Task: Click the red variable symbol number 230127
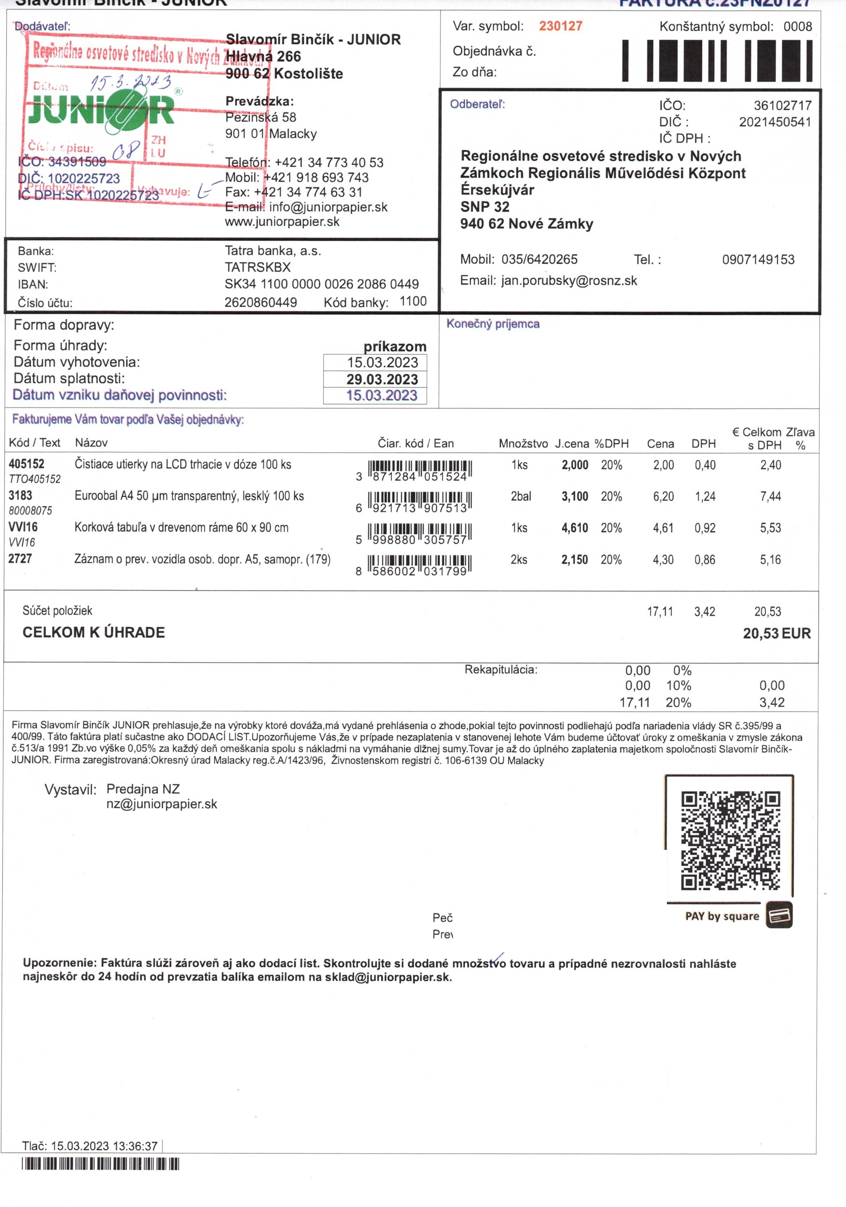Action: click(x=560, y=26)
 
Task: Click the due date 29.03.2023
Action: click(x=382, y=379)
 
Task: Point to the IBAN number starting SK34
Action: click(x=321, y=284)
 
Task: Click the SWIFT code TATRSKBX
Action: click(x=258, y=267)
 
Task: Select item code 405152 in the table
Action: click(x=26, y=464)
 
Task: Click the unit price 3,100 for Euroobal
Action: click(x=575, y=496)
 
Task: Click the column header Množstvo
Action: click(x=523, y=443)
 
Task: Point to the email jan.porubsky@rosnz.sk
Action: click(x=569, y=281)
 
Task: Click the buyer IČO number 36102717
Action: click(x=782, y=105)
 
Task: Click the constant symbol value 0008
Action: click(x=797, y=26)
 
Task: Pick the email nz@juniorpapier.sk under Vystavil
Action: click(x=162, y=804)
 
